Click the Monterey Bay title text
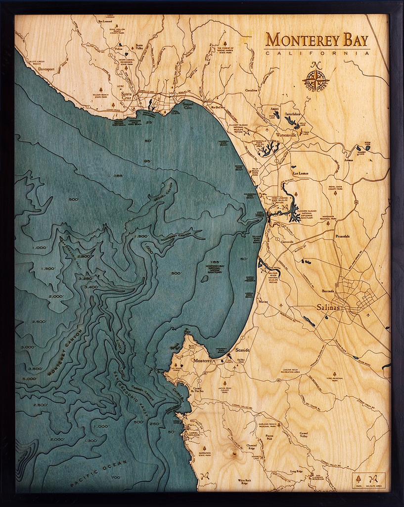pyautogui.click(x=317, y=40)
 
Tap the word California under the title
pyautogui.click(x=317, y=53)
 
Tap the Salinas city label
pyautogui.click(x=328, y=307)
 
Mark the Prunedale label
pyautogui.click(x=342, y=236)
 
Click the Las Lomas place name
pyautogui.click(x=300, y=174)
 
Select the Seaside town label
pyautogui.click(x=242, y=350)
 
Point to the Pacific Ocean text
pyautogui.click(x=99, y=473)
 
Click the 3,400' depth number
pyautogui.click(x=91, y=287)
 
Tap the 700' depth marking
pyautogui.click(x=116, y=477)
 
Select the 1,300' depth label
pyautogui.click(x=90, y=440)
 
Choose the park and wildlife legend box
pyautogui.click(x=369, y=481)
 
